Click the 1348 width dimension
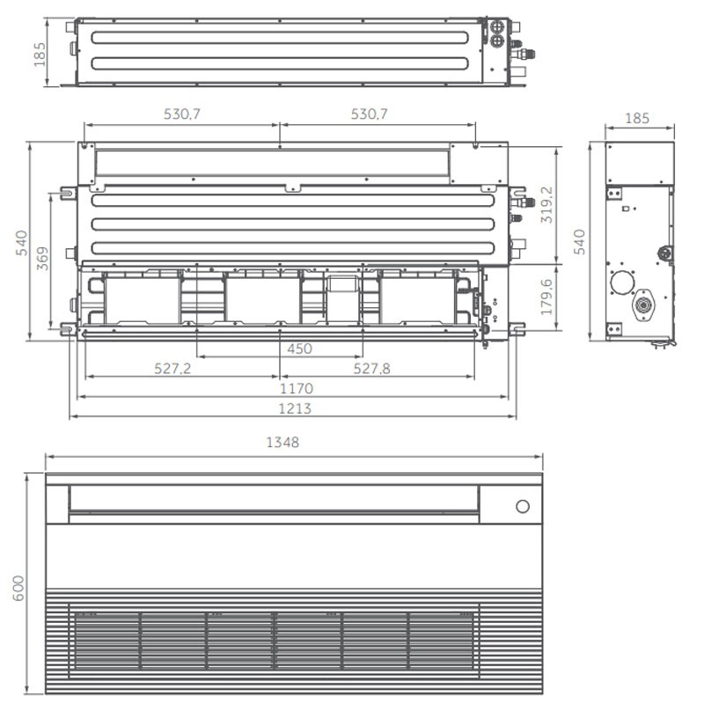pyautogui.click(x=282, y=443)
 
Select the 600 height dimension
pyautogui.click(x=18, y=588)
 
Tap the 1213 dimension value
pyautogui.click(x=295, y=408)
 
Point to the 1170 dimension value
pyautogui.click(x=297, y=388)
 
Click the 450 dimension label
pyautogui.click(x=299, y=348)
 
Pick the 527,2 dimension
pyautogui.click(x=172, y=369)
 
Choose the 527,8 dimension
pyautogui.click(x=371, y=369)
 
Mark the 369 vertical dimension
pyautogui.click(x=42, y=258)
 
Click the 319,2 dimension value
pyautogui.click(x=546, y=205)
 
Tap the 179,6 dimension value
pyautogui.click(x=546, y=297)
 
